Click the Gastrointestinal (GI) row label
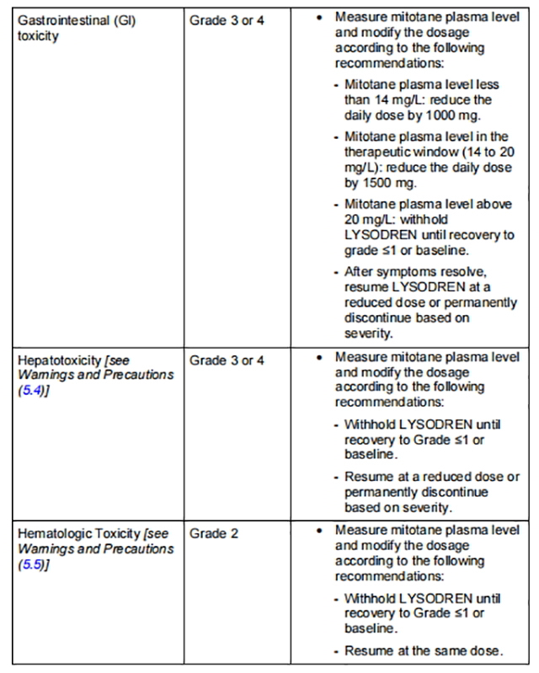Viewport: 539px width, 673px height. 76,19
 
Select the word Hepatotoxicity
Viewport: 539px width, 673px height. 59,361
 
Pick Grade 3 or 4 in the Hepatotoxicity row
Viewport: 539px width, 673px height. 227,361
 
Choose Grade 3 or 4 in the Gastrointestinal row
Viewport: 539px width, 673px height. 227,19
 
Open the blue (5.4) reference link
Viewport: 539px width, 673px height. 28,392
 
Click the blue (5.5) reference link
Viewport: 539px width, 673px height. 28,564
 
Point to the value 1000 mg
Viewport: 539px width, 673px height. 441,115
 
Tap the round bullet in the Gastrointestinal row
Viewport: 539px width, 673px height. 319,17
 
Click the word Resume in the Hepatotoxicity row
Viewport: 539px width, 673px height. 368,477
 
